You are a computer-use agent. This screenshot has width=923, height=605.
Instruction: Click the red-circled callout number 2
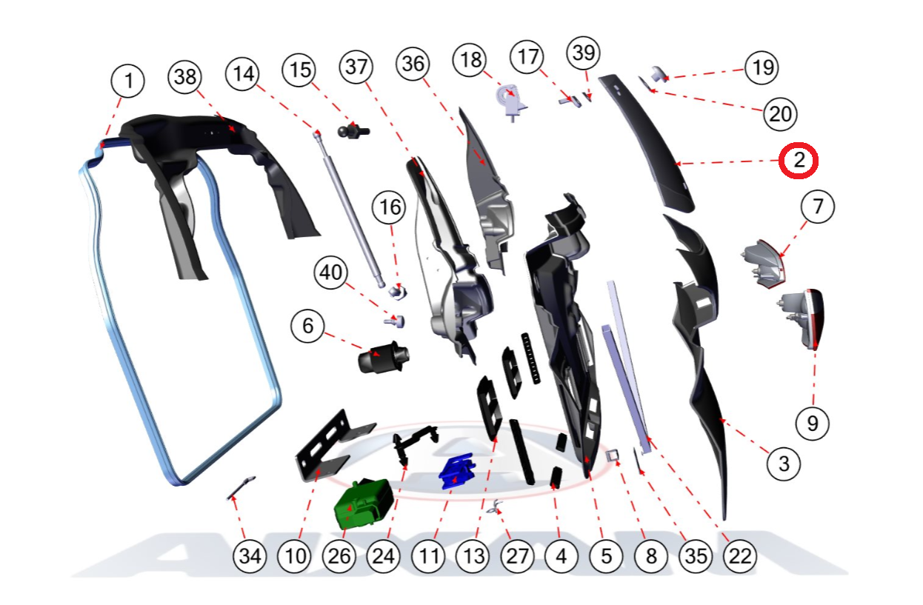tap(798, 160)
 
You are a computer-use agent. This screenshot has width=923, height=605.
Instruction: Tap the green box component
tap(363, 504)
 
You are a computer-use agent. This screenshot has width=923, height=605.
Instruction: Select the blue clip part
tap(456, 471)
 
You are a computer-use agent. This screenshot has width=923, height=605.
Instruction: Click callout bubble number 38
tap(185, 77)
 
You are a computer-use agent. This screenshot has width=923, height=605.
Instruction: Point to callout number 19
tap(762, 67)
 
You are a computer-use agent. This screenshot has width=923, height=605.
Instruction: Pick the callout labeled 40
tap(331, 273)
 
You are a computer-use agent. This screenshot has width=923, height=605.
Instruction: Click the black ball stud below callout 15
tap(353, 131)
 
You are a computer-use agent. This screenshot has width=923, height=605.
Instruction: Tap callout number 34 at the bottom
tap(250, 556)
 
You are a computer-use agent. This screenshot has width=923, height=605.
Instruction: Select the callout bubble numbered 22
tap(740, 556)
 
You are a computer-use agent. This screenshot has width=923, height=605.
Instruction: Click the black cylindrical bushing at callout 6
tap(383, 357)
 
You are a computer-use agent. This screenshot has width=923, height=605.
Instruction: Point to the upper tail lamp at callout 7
tap(764, 264)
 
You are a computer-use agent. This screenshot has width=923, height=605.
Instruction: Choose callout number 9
tap(813, 423)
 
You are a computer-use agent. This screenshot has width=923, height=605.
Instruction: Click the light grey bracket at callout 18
tap(511, 101)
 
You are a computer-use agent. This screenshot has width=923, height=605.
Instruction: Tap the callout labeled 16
tap(389, 207)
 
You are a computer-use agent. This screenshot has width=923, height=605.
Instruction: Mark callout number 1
tap(127, 81)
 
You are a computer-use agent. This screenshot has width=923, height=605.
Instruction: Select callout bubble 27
tap(517, 556)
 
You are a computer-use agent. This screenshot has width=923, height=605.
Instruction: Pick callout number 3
tap(784, 464)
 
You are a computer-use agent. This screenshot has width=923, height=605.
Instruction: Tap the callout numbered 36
tap(413, 64)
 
